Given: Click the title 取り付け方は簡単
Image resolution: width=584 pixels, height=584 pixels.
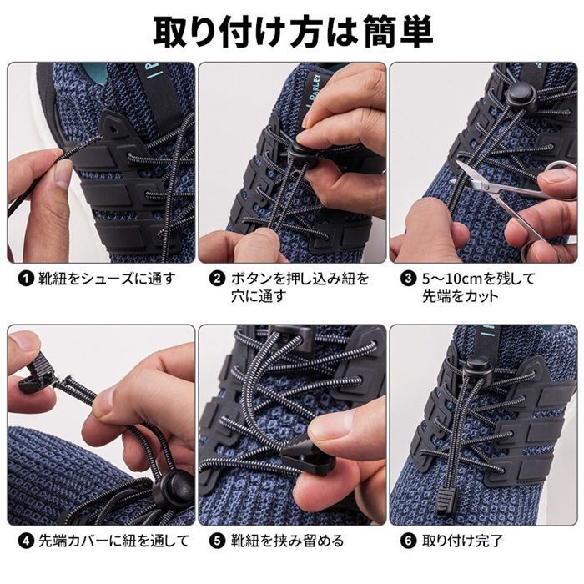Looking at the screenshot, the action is [x=293, y=33].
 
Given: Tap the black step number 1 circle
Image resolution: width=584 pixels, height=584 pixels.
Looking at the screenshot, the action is [x=26, y=279].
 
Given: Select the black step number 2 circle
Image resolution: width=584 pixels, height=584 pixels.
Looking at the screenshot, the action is [x=217, y=279].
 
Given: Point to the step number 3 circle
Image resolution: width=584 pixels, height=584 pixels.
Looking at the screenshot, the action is [x=408, y=279].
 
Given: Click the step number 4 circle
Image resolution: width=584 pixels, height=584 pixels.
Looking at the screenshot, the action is [x=26, y=541].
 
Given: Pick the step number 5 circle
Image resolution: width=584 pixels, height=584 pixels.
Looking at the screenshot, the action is [x=217, y=541].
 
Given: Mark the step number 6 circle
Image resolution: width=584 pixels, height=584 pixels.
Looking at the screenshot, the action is [x=408, y=541].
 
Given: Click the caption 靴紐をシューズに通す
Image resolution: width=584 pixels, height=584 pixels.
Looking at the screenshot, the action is [x=107, y=279].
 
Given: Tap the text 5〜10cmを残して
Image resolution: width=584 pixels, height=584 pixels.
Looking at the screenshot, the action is [x=479, y=279].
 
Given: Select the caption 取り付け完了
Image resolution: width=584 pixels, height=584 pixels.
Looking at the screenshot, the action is [x=462, y=541].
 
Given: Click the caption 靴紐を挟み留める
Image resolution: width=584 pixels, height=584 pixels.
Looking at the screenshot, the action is [x=287, y=541].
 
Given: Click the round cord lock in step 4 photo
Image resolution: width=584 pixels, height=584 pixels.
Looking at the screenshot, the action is [x=174, y=486].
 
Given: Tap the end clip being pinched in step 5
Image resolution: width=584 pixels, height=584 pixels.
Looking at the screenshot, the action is [x=306, y=461].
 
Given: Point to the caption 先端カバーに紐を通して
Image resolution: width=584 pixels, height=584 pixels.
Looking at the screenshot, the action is [x=114, y=541].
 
